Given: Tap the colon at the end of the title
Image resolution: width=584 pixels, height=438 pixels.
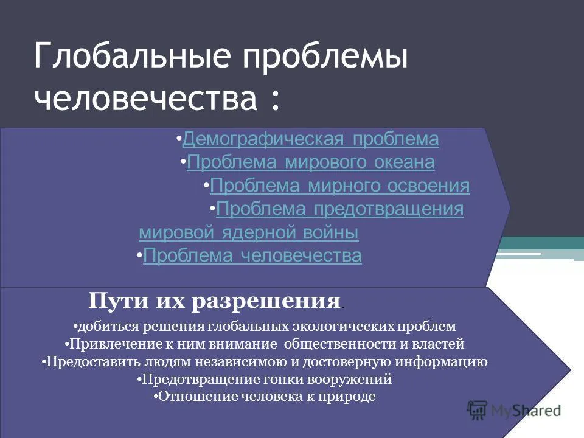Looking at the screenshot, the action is point(275,100).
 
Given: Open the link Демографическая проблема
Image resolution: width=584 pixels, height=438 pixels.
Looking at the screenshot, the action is point(310,139).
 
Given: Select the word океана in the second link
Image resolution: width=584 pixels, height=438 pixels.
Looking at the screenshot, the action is point(404,162).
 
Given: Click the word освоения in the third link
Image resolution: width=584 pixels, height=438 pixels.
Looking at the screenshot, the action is point(428,186).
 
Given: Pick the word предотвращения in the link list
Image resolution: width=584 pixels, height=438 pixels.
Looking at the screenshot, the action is point(389,209).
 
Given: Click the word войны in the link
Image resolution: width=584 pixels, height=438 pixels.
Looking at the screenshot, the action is point(331,233).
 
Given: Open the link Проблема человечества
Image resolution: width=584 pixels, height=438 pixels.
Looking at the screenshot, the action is point(252,256).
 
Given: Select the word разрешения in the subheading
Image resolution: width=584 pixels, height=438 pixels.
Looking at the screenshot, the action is point(266,302).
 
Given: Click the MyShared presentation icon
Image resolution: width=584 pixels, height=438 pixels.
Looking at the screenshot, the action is point(477,411).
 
